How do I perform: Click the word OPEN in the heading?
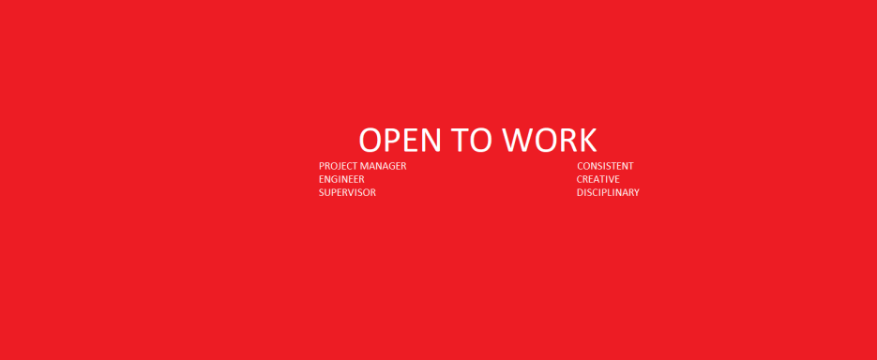400,140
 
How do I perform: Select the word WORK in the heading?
550,140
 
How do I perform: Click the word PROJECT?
338,166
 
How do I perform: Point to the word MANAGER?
383,166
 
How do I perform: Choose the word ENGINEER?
341,179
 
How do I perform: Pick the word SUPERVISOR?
347,193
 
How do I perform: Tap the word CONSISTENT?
605,166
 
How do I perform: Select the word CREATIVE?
597,179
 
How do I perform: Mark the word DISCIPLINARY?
608,193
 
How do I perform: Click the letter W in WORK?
517,140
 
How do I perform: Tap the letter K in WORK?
588,140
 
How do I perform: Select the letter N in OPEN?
431,140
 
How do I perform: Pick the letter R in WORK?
567,140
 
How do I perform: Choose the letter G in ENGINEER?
335,179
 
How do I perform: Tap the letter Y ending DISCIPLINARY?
636,193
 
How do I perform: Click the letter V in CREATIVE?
611,179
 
